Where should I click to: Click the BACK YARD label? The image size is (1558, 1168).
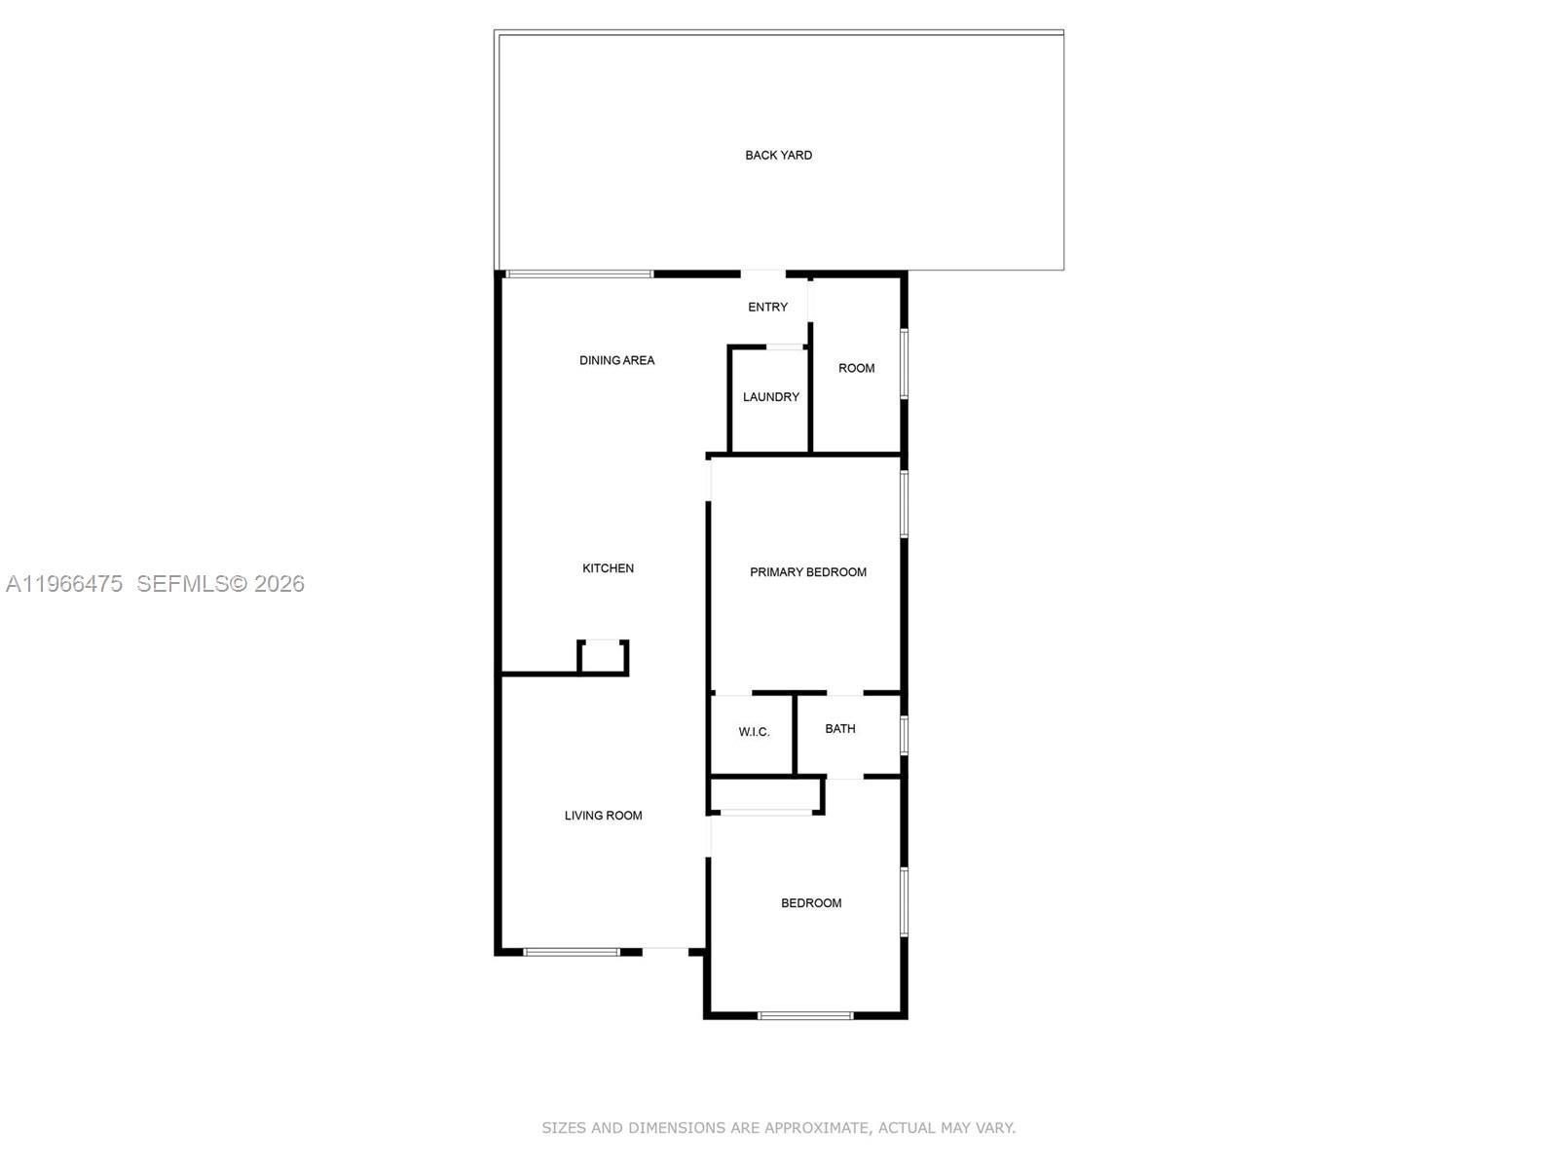pyautogui.click(x=778, y=155)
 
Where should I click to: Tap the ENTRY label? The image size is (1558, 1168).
pyautogui.click(x=767, y=307)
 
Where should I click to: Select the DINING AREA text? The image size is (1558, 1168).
pyautogui.click(x=616, y=360)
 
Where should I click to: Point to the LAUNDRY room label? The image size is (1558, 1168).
pyautogui.click(x=770, y=397)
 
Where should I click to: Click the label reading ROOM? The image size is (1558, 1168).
pyautogui.click(x=856, y=368)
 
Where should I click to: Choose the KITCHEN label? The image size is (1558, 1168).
pyautogui.click(x=608, y=568)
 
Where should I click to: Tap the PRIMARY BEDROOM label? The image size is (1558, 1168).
pyautogui.click(x=807, y=572)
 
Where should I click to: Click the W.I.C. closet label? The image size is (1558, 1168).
pyautogui.click(x=754, y=732)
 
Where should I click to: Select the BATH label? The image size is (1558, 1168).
pyautogui.click(x=839, y=729)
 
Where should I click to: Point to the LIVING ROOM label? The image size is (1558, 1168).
pyautogui.click(x=603, y=816)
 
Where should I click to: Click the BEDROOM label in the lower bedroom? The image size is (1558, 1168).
pyautogui.click(x=811, y=903)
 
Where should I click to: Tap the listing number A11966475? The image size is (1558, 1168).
pyautogui.click(x=64, y=584)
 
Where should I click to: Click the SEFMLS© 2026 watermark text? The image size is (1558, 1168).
pyautogui.click(x=220, y=584)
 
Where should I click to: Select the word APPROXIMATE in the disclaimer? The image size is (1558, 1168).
pyautogui.click(x=815, y=1128)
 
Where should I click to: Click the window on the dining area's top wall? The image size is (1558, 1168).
pyautogui.click(x=579, y=274)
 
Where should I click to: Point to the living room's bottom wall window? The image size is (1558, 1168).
pyautogui.click(x=572, y=952)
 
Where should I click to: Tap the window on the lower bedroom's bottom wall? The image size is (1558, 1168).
pyautogui.click(x=805, y=1016)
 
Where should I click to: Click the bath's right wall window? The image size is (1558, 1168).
pyautogui.click(x=904, y=735)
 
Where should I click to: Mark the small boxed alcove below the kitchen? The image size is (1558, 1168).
pyautogui.click(x=604, y=658)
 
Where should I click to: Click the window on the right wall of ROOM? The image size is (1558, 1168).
pyautogui.click(x=904, y=364)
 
